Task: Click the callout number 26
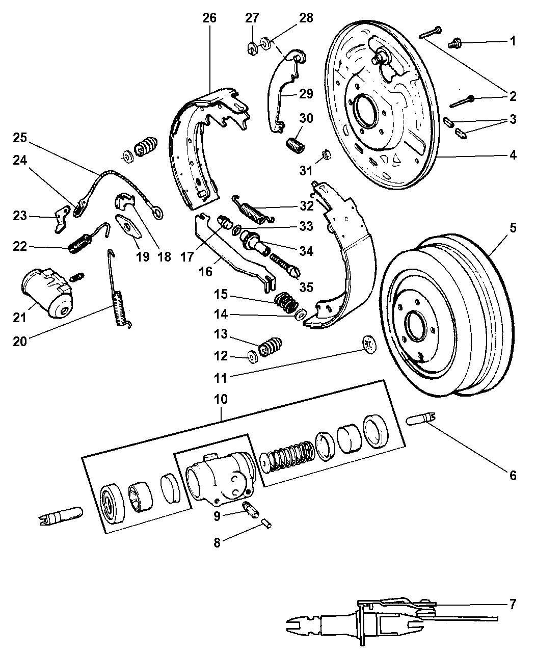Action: pyautogui.click(x=209, y=18)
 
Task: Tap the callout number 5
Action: pyautogui.click(x=513, y=227)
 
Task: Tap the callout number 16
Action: pyautogui.click(x=205, y=272)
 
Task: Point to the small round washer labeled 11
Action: pyautogui.click(x=368, y=344)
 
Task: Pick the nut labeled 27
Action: pyautogui.click(x=251, y=48)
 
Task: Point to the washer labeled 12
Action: pyautogui.click(x=252, y=356)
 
